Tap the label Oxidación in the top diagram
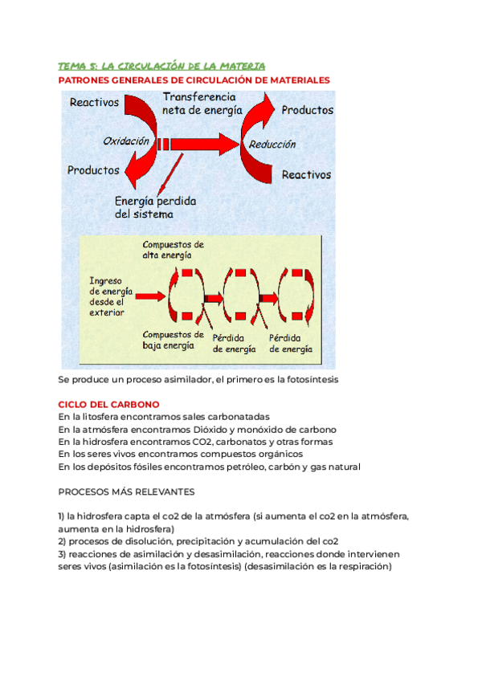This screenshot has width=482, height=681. (126, 141)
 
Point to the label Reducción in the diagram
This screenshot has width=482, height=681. (272, 145)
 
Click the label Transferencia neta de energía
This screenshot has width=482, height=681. (202, 103)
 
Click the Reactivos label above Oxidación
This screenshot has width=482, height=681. (94, 102)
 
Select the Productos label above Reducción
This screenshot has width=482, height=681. (308, 110)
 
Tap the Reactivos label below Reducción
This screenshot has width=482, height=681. (306, 174)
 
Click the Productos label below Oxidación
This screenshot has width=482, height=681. (93, 170)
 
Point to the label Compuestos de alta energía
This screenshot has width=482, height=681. (173, 249)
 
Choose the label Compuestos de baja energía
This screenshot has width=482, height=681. (173, 340)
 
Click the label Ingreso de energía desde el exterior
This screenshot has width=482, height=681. (112, 296)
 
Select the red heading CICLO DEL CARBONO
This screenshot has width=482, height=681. (109, 404)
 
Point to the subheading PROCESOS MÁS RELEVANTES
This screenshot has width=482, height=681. (126, 491)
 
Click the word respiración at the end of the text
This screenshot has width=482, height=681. (361, 566)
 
